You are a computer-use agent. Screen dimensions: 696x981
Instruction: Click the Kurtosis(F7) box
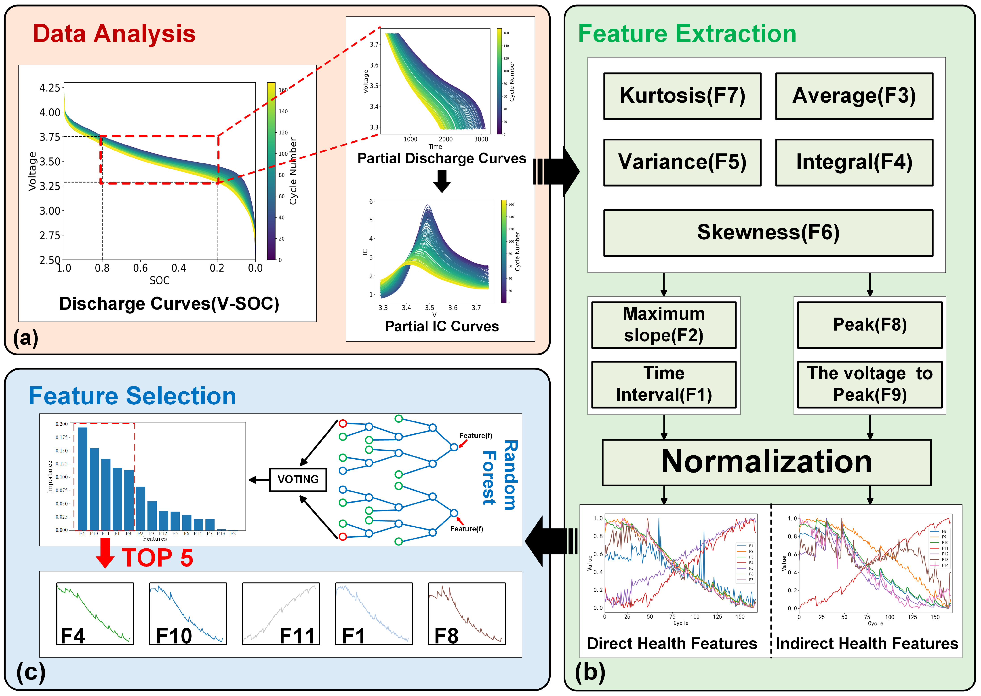click(682, 96)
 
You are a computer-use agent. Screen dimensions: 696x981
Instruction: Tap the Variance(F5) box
click(682, 162)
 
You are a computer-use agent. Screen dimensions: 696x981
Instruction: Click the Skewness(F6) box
click(768, 233)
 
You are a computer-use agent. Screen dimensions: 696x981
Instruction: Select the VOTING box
click(298, 480)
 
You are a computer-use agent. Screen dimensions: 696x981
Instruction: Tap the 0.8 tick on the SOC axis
click(102, 268)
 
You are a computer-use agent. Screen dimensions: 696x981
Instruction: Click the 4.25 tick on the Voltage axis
click(50, 88)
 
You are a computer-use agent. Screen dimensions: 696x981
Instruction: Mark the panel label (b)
click(590, 672)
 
